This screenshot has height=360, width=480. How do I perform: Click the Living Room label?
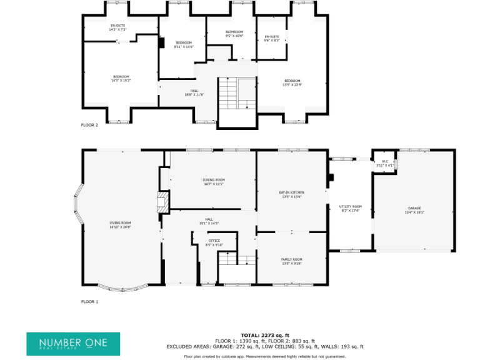[x=120, y=225]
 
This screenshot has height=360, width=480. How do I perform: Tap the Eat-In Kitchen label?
[x=291, y=194]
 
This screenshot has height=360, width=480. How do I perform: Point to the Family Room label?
[x=291, y=261]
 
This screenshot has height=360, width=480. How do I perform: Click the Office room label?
[x=214, y=242]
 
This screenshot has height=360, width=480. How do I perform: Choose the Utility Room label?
[x=350, y=208]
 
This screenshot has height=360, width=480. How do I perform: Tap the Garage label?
[x=414, y=210]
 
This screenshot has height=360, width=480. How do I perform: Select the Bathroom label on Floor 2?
[x=234, y=34]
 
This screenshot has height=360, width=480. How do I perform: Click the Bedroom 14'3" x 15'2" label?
[x=121, y=78]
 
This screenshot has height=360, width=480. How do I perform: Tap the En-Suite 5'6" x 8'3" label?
[x=271, y=39]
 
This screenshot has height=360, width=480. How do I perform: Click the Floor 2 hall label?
[x=195, y=92]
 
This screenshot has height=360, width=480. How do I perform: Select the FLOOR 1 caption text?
[x=89, y=301]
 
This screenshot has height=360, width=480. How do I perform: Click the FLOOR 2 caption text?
[x=89, y=125]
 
